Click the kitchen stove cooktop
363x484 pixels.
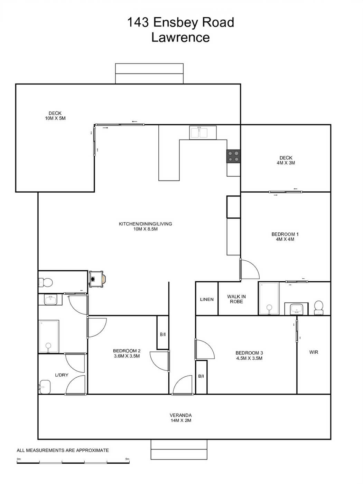click(x=233, y=156)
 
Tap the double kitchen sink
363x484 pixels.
click(x=203, y=133)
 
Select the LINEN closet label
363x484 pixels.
click(x=207, y=299)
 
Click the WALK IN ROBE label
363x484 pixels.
click(x=236, y=299)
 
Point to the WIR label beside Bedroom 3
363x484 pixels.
click(x=314, y=352)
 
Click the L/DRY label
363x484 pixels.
click(x=62, y=375)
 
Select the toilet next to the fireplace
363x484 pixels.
click(x=46, y=282)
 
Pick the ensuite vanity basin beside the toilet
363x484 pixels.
click(x=296, y=309)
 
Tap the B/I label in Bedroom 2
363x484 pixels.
click(x=163, y=335)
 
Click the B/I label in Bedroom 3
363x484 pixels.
click(x=201, y=376)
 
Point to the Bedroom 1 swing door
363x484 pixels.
click(x=250, y=269)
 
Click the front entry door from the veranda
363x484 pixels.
click(x=183, y=385)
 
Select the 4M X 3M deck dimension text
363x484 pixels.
click(x=286, y=163)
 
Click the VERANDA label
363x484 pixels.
click(x=180, y=415)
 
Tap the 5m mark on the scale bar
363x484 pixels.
click(x=127, y=459)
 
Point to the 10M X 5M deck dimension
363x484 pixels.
click(x=55, y=118)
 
